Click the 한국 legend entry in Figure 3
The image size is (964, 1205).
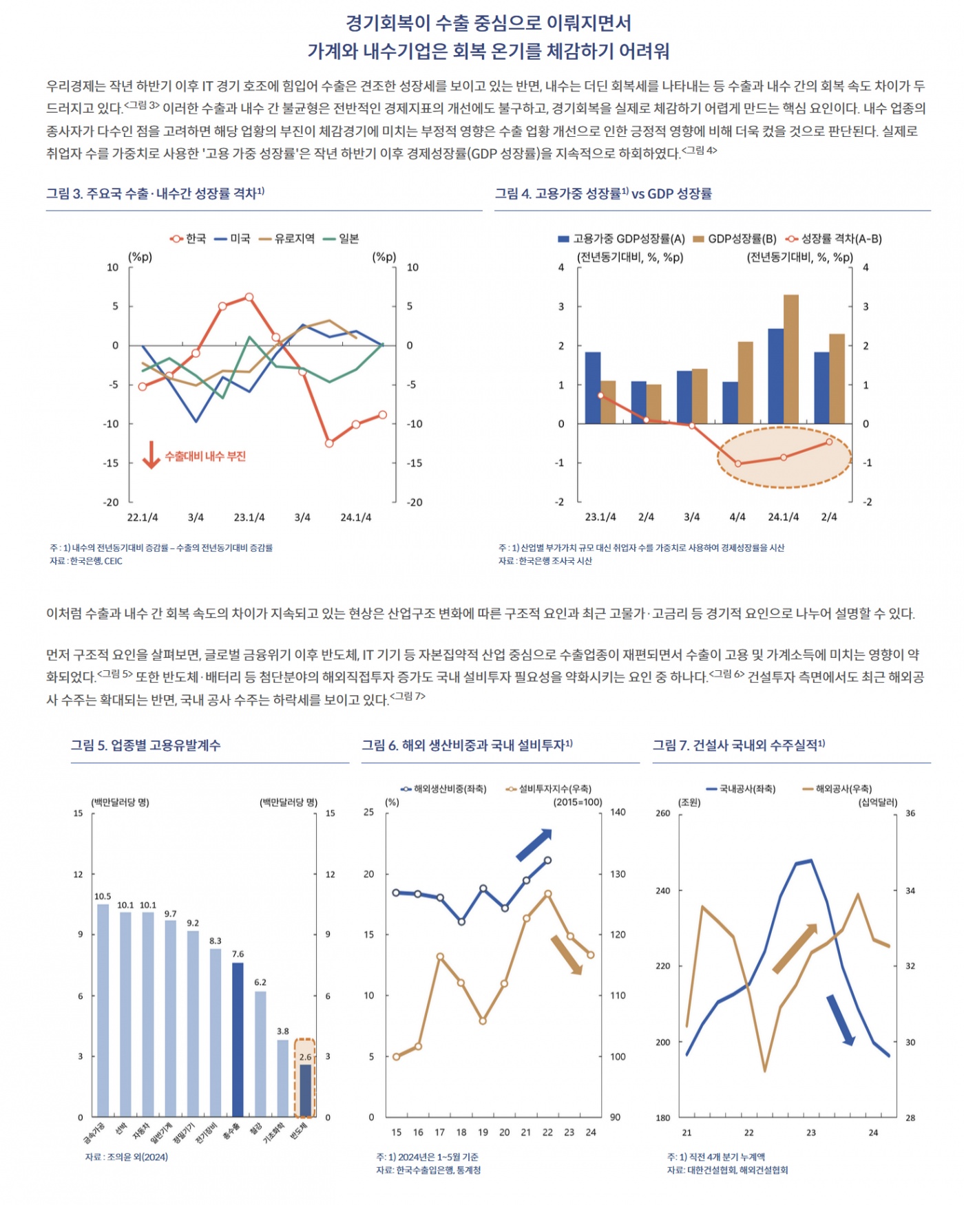(188, 239)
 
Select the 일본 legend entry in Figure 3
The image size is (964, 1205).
(341, 239)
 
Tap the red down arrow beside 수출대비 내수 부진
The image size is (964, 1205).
(151, 455)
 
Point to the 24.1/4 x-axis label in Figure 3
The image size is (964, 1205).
(355, 518)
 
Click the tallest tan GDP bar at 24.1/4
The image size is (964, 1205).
(791, 359)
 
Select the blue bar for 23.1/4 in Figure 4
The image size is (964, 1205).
(592, 387)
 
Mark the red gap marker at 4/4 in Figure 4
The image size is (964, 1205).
(737, 464)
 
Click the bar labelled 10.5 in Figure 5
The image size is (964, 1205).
(103, 1009)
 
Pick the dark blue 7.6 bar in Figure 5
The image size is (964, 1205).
(238, 1038)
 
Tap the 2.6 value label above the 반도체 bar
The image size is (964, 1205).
(305, 1056)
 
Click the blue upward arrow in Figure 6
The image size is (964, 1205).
(534, 844)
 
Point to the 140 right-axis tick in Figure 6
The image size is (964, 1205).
(618, 812)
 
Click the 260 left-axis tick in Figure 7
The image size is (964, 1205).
(662, 813)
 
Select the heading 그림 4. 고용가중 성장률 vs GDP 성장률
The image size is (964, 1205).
(603, 194)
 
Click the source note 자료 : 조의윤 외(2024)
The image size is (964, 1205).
(127, 1157)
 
